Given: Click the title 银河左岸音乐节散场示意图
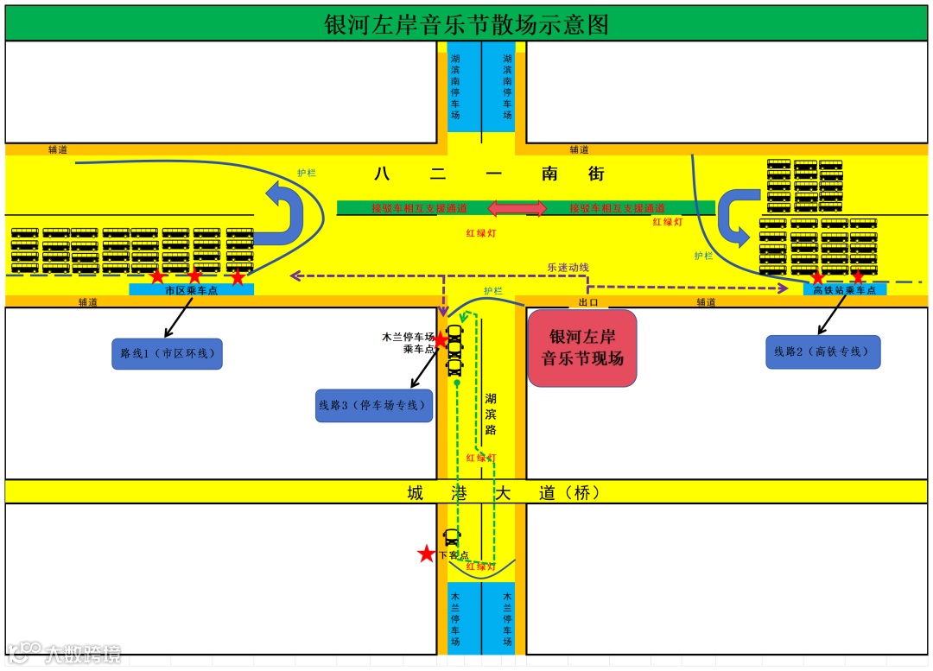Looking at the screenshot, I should pos(466,24).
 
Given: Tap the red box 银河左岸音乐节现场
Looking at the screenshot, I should pos(582,347).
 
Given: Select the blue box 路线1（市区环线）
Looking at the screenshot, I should pos(167,353).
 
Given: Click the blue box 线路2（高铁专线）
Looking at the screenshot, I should pos(822,351).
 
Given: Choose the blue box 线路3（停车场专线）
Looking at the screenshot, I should pos(374,405).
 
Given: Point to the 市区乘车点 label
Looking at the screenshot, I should pos(192,290).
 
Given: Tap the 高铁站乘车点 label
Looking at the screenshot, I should pos(844,290).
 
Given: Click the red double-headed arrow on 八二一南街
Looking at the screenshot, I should pos(517,208).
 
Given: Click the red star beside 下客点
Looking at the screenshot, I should pos(426,554).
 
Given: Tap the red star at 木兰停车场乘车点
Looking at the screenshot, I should pos(440,339).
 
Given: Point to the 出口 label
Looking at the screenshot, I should pos(588,302).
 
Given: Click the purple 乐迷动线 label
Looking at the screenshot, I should pos(568,267).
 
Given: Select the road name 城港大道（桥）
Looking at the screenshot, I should pos(503,493).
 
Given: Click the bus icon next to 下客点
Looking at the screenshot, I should pos(451,538).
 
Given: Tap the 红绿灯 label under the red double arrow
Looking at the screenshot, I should pos(480,233).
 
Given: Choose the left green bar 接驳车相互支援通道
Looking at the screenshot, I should pos(411,208).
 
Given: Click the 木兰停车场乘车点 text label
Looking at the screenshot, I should pos(408,343).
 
